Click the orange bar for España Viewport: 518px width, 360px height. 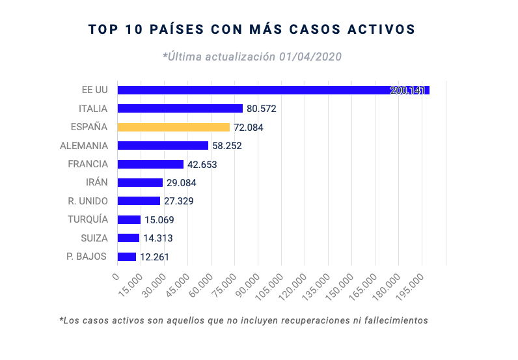tap(173, 127)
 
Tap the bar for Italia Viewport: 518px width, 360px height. tap(180, 109)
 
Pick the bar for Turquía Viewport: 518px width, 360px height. tap(129, 219)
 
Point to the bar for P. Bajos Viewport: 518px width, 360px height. tap(126, 256)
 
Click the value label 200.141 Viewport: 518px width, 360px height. tap(407, 90)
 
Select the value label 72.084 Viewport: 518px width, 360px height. tap(248, 128)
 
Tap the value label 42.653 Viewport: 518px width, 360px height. tap(202, 165)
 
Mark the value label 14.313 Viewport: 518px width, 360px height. tap(158, 238)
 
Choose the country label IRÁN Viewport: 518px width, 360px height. tap(96, 182)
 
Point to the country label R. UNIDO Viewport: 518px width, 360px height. tap(88, 201)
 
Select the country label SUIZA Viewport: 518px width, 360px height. tap(94, 238)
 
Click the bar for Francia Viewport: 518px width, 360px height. tap(150, 164)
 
